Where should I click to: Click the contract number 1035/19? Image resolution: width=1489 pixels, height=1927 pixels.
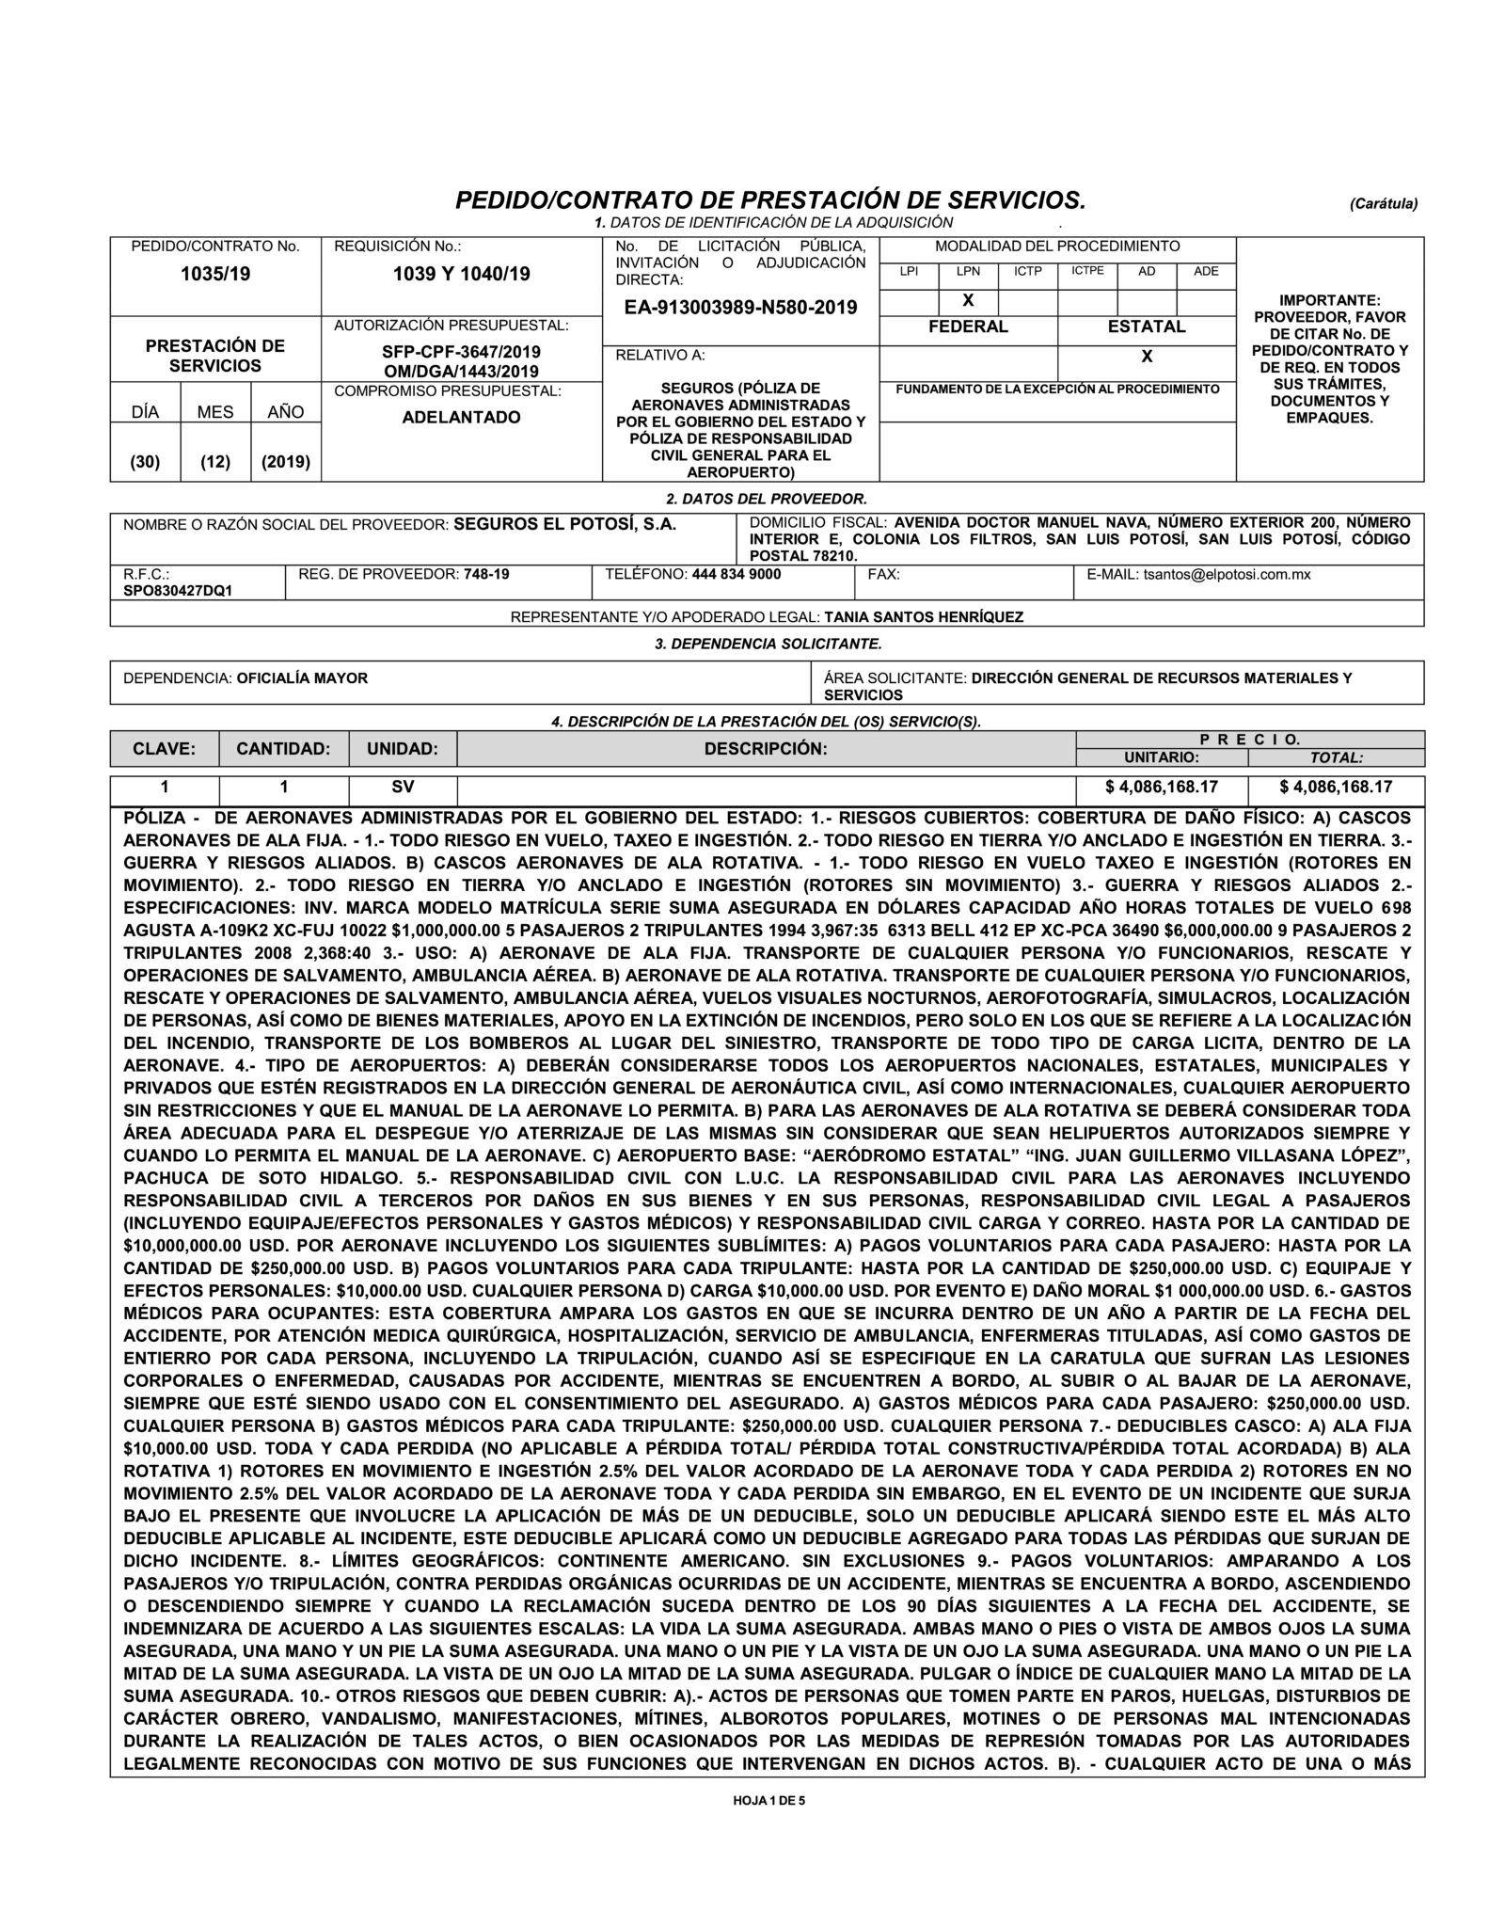click(215, 275)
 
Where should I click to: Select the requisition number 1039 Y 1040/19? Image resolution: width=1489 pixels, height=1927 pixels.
click(461, 275)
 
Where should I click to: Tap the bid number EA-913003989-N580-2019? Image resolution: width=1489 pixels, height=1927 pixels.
click(740, 308)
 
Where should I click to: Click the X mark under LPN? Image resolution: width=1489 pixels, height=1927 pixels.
click(967, 300)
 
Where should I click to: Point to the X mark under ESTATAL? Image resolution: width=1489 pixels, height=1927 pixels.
click(1147, 357)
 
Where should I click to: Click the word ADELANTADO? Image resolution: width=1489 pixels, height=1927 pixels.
click(461, 417)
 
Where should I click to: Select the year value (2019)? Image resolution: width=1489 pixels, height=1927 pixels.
click(286, 462)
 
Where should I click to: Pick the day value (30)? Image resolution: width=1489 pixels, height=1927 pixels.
click(145, 462)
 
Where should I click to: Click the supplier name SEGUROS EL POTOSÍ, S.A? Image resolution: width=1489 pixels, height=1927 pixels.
click(565, 524)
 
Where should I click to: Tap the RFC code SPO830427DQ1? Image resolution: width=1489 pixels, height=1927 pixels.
click(178, 590)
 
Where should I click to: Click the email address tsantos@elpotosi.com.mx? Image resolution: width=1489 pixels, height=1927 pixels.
click(1227, 573)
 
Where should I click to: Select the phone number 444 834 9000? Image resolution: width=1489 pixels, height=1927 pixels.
click(736, 573)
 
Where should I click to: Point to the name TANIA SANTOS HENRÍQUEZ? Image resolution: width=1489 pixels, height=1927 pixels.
click(924, 617)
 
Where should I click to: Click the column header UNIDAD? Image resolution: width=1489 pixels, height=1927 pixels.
click(403, 749)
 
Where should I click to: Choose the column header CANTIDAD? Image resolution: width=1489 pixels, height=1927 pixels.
click(283, 749)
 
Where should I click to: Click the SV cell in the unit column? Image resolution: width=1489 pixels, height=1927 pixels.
click(403, 787)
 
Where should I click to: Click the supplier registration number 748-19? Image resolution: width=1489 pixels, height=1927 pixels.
click(487, 573)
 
